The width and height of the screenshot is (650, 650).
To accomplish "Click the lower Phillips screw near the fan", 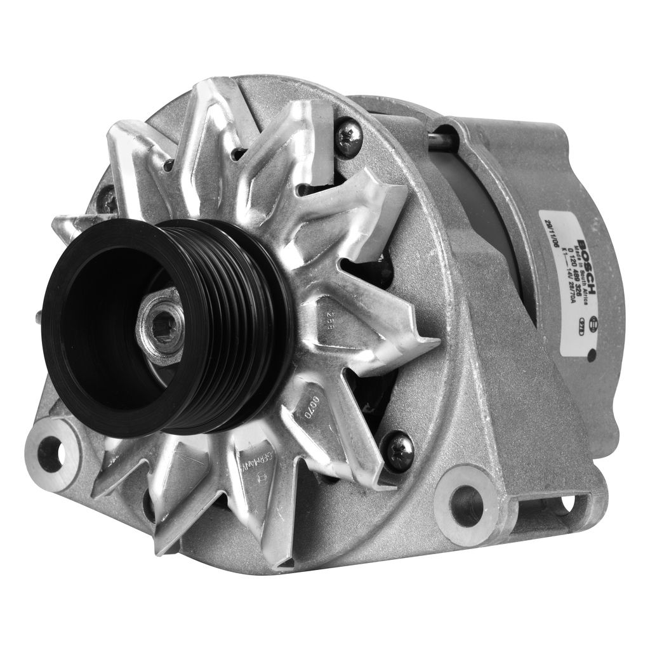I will [x=399, y=450].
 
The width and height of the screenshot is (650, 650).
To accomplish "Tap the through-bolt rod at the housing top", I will [x=441, y=141].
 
